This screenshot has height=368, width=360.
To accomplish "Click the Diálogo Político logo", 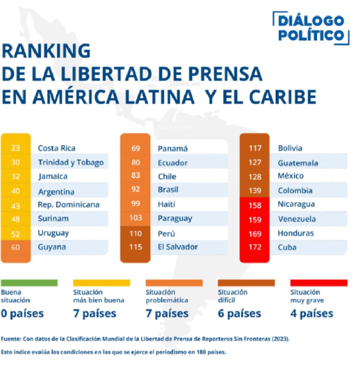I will tap(311, 28).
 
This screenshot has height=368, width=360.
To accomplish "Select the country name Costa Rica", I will tap(57, 148).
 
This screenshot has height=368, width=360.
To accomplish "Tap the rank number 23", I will tap(15, 148).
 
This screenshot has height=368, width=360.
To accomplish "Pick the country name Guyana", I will tap(52, 247).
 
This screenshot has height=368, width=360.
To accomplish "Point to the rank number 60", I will tap(15, 247).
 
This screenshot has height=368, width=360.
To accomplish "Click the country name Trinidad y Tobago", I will tap(71, 162).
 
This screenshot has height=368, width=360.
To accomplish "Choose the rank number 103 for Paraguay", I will tap(135, 218).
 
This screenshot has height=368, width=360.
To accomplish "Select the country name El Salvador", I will tap(178, 247).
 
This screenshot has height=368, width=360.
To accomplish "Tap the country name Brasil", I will tap(168, 190).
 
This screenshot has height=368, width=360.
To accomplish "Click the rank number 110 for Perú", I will tap(135, 233).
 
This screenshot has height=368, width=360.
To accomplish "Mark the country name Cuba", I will tap(287, 247).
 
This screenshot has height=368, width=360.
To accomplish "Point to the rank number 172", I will tap(255, 247).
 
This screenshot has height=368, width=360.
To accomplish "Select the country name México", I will tap(290, 176).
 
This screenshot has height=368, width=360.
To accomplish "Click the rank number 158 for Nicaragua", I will tap(255, 204).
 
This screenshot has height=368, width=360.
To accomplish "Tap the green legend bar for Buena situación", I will tap(29, 283).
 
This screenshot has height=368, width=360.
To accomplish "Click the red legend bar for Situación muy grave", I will tap(319, 283).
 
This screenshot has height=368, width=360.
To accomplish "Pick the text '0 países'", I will tap(22, 313).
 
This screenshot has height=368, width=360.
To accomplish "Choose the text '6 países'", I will tap(239, 313).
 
